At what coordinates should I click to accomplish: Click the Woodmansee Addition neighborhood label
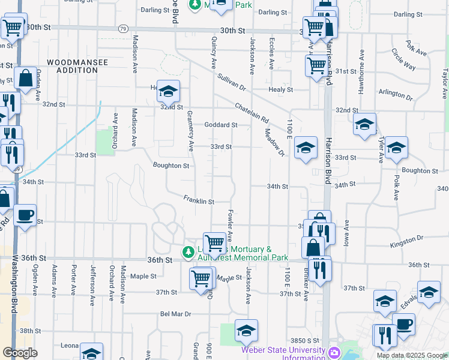pos(72,66)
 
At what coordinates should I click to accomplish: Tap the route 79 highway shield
pos(123,28)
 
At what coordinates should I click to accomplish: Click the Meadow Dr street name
pos(274,144)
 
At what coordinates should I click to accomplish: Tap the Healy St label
pos(281,89)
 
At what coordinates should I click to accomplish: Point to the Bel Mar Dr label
pos(175,314)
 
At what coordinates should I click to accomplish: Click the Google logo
pos(20,352)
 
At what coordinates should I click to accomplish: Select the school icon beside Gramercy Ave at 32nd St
pos(169,91)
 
